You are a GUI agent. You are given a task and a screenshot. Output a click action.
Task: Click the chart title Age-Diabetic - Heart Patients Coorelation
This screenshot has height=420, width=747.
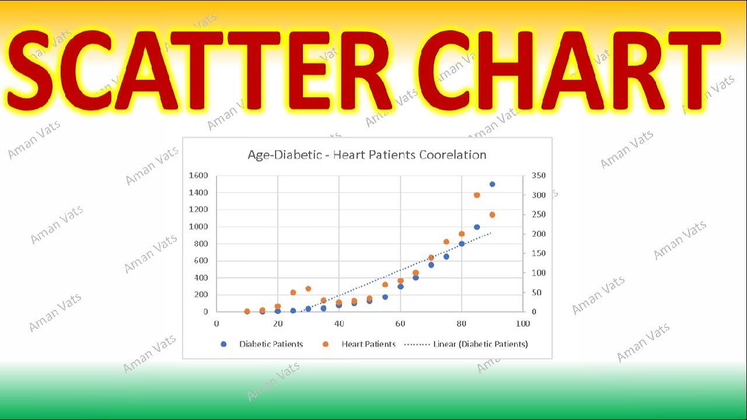point(366,155)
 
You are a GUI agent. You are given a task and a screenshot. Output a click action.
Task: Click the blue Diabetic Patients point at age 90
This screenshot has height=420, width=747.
point(492,184)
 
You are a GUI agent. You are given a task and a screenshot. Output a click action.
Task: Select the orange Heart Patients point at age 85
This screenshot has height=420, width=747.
point(477,195)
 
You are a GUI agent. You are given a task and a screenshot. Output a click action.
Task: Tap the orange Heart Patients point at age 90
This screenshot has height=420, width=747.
point(492,215)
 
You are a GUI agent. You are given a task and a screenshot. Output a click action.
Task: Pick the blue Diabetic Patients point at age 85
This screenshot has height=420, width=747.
point(477,227)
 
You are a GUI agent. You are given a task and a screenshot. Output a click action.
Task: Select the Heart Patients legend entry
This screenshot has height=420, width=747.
point(369,344)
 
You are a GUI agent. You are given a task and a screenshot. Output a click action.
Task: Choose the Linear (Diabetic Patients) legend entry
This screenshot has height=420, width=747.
point(480,344)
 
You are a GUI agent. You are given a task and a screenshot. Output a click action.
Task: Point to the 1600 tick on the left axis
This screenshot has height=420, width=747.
point(198,175)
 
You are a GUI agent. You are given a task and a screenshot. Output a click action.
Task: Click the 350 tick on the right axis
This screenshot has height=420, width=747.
point(539,175)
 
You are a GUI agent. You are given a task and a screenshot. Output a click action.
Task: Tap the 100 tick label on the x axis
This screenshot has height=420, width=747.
point(523,324)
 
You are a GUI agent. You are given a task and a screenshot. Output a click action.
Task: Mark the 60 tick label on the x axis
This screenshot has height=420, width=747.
point(400,324)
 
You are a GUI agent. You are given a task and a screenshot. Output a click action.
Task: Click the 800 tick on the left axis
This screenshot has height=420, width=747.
point(200,243)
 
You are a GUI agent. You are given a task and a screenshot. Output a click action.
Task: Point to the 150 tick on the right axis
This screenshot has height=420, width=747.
point(539,253)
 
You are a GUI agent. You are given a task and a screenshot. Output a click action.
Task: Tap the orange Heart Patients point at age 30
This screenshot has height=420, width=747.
point(308,289)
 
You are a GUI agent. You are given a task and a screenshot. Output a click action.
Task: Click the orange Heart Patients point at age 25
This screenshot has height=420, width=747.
point(293,292)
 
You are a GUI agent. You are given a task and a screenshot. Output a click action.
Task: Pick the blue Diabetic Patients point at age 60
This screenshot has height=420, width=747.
point(400,286)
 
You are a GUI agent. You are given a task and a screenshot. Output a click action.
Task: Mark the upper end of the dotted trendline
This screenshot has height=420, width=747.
point(491,233)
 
